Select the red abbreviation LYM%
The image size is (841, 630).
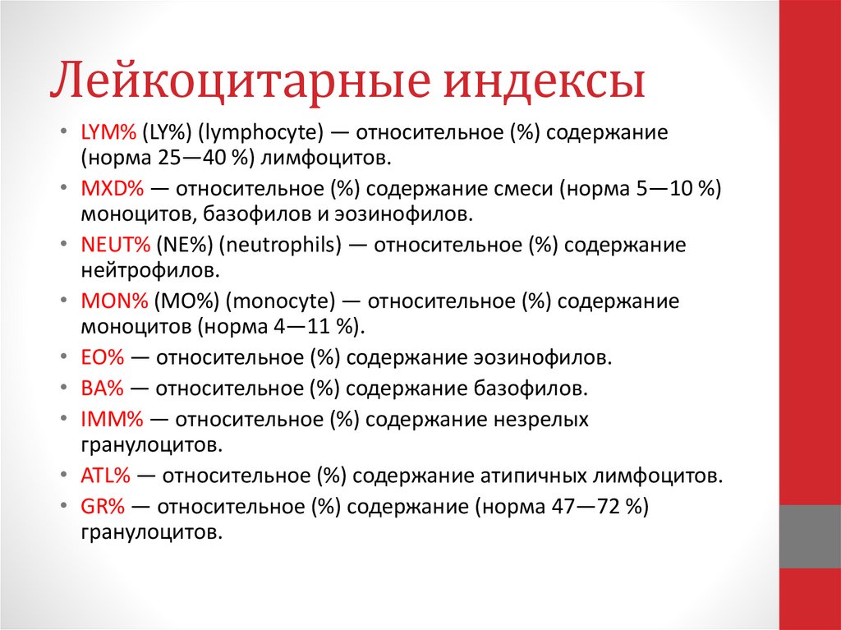[x=108, y=132]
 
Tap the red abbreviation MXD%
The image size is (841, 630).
[x=113, y=189]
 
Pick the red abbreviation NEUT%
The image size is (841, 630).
[x=116, y=246]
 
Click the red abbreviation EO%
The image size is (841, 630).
[x=102, y=358]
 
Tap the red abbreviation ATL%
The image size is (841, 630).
[x=107, y=476]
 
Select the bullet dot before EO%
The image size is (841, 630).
[x=65, y=359]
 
